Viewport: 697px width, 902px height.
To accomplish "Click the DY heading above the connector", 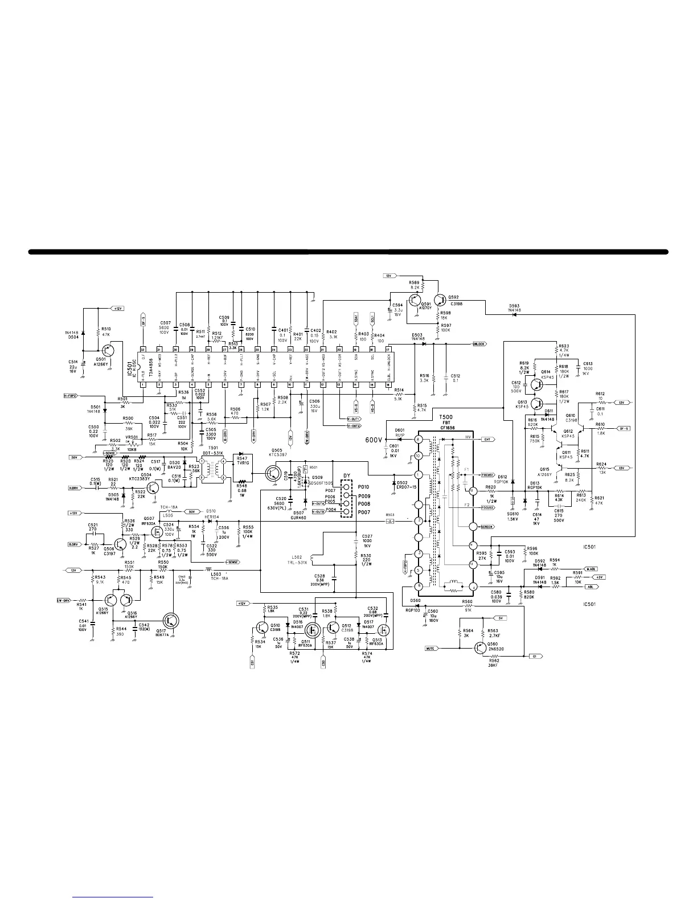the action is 347,476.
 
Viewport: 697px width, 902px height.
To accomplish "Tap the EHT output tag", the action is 487,440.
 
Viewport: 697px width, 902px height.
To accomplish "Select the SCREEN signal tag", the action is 486,527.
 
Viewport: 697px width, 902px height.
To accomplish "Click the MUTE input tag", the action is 430,649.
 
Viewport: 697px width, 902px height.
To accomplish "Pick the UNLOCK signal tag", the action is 479,344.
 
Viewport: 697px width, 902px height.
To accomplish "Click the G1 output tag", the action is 534,656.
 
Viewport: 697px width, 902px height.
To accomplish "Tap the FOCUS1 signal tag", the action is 487,474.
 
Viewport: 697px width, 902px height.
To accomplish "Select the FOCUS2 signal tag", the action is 487,507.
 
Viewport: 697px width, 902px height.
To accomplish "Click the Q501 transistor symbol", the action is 112,351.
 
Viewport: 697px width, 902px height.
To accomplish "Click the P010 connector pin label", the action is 364,487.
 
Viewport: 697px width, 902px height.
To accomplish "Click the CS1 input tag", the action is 252,663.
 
